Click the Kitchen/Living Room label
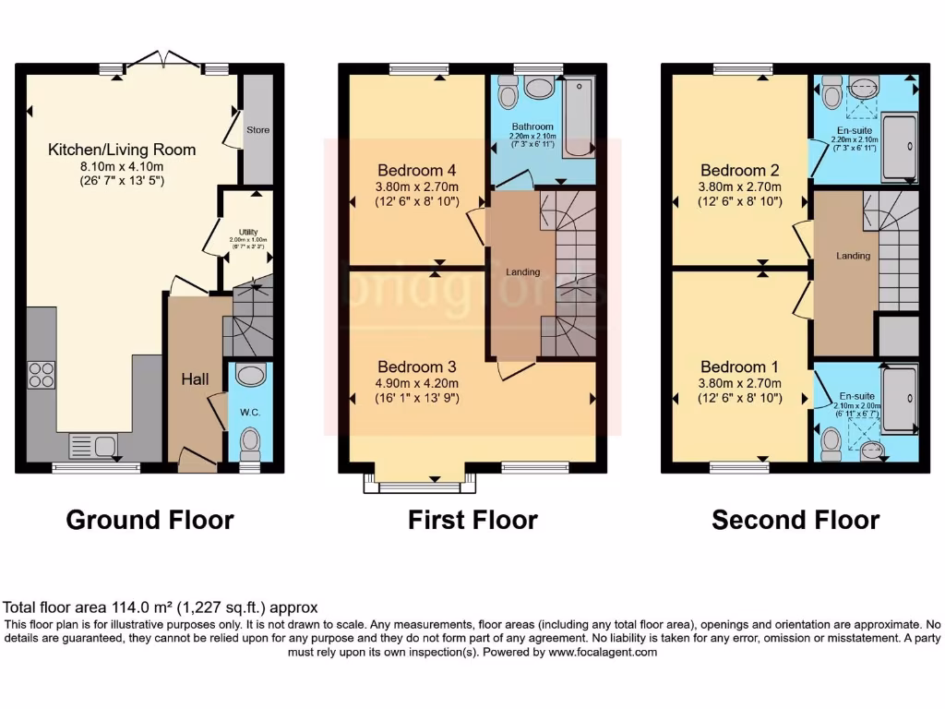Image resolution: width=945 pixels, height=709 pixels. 122,149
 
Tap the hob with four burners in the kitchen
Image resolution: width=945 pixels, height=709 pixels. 41,374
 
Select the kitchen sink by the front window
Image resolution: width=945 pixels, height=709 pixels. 92,447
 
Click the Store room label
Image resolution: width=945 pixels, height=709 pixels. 258,130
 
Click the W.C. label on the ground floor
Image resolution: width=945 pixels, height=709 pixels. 250,412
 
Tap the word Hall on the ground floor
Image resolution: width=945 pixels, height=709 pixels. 195,379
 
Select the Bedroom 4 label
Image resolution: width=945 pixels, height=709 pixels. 418,170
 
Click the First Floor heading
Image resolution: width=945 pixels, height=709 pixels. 472,520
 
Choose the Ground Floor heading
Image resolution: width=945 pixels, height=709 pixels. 150,520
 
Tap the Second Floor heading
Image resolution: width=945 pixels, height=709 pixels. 795,520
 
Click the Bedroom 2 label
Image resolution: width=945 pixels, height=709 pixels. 740,170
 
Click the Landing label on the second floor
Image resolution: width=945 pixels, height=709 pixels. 853,256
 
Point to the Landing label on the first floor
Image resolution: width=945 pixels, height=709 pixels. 522,271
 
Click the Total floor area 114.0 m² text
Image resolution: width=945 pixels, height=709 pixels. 161,607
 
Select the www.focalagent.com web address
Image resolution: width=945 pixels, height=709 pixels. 603,652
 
